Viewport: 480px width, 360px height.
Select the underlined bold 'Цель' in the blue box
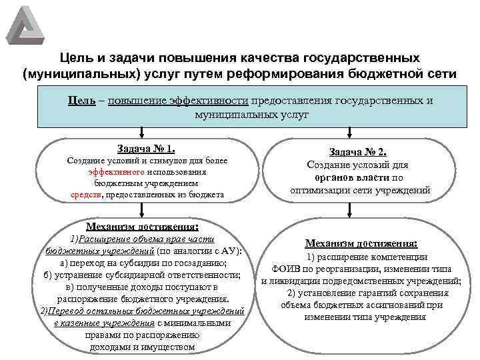81,101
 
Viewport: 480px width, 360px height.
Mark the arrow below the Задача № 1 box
141,213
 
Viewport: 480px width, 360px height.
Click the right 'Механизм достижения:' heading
361,243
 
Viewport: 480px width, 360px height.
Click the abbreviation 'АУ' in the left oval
227,251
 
